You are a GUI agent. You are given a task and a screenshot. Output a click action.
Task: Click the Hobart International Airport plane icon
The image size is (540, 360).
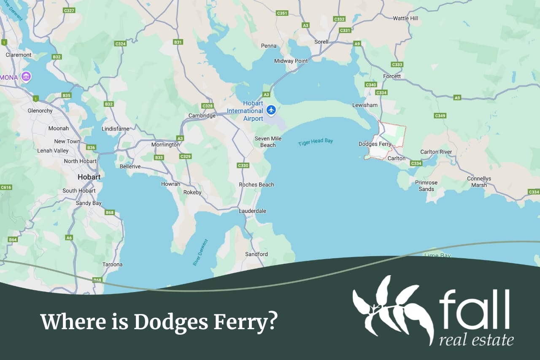click(x=271, y=110)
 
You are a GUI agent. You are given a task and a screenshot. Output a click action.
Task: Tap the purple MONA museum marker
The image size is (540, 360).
click(x=26, y=77)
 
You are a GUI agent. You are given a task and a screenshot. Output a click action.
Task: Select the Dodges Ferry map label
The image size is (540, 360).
click(x=375, y=144)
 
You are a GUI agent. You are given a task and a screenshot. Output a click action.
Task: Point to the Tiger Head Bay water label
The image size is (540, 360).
click(x=316, y=142)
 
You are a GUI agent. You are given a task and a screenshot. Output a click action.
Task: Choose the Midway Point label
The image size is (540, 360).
click(x=291, y=61)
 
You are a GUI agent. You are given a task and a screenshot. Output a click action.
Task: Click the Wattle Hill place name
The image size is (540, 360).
click(x=405, y=18)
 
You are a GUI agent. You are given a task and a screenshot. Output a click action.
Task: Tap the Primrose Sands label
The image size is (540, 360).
click(x=426, y=186)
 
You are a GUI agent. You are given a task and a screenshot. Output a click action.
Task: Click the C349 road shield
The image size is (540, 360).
click(x=440, y=116)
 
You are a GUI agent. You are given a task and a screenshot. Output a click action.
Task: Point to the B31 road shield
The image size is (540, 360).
click(x=178, y=42)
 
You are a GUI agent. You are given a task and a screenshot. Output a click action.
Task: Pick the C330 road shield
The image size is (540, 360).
click(x=243, y=165)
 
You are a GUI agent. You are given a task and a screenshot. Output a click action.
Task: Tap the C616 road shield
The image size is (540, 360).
click(x=6, y=187)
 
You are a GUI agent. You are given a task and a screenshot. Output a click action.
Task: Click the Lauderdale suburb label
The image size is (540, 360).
click(x=252, y=211)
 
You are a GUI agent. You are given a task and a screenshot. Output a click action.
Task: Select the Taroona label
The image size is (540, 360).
click(x=113, y=264)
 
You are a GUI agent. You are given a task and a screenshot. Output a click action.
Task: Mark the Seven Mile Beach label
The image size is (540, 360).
click(x=268, y=142)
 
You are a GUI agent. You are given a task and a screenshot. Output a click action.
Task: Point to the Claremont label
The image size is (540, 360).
click(x=19, y=55)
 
